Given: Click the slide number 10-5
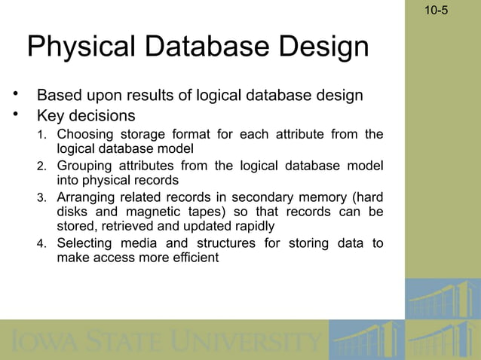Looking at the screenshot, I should (435, 11).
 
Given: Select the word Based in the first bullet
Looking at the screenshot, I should (59, 96).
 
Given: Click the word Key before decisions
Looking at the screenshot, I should (52, 116).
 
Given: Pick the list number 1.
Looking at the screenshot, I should (42, 136).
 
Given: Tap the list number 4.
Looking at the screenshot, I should (42, 244).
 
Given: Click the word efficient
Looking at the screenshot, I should (194, 257).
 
